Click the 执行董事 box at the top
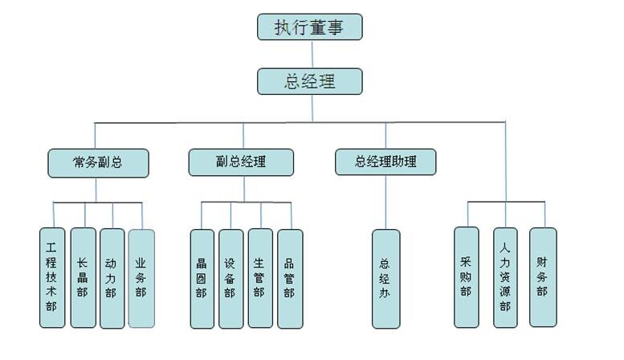(310, 27)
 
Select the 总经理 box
(310, 81)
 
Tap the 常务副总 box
(98, 162)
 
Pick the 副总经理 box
(241, 162)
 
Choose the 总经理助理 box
(386, 162)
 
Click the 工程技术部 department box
(52, 277)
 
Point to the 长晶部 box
(83, 277)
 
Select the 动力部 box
(112, 277)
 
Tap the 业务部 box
(141, 277)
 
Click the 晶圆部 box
(202, 278)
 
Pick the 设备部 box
(230, 278)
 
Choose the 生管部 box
(259, 278)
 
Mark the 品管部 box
(289, 278)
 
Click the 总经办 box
(385, 278)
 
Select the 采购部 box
(466, 277)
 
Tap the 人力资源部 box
(505, 277)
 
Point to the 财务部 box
(543, 277)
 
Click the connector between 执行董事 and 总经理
(311, 54)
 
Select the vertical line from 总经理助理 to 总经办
(385, 202)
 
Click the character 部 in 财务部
(543, 292)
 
